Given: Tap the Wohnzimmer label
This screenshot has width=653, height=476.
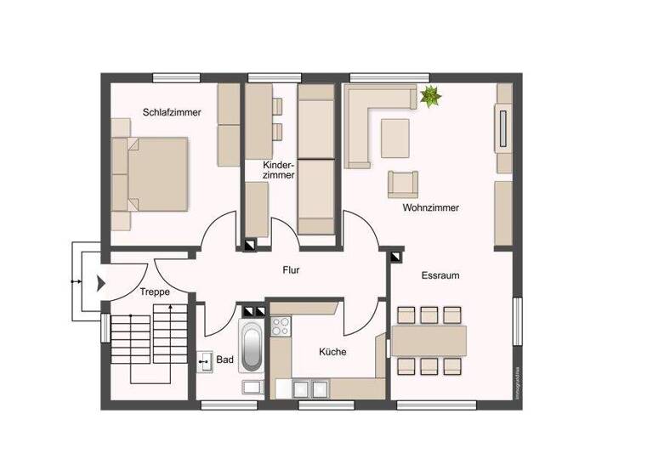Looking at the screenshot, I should tap(430, 207).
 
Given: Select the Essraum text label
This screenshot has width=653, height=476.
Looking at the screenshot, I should tap(440, 275).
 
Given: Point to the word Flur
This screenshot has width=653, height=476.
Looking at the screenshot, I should tap(292, 271).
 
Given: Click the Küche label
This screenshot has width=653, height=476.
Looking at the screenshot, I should tap(332, 351).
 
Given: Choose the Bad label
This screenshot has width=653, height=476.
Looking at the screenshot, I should tap(224, 360).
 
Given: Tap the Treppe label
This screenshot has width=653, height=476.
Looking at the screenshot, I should tap(155, 292).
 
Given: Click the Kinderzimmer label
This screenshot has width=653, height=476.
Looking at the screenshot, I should tap(280, 169).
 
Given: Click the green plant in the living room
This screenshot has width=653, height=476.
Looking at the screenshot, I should tap(430, 97).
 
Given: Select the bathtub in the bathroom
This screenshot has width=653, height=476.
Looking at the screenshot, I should tap(251, 348).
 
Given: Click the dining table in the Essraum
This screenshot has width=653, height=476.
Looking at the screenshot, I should tap(429, 341).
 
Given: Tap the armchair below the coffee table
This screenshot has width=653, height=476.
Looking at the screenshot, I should tap(403, 184).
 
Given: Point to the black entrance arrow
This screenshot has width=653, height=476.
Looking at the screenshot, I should tap(99, 282).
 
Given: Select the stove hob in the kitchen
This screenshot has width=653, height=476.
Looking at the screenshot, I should tap(280, 326).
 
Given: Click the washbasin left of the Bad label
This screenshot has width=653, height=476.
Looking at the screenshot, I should tap(205, 362).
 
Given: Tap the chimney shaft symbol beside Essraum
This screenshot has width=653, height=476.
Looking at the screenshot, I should tap(395, 255).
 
